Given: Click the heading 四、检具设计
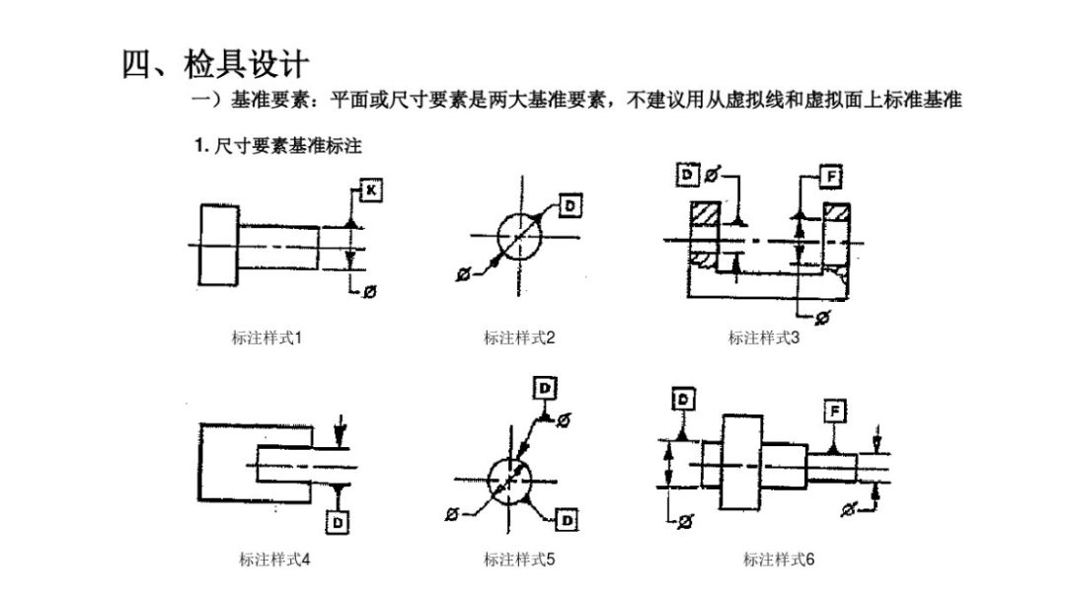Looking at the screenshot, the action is click(x=215, y=64).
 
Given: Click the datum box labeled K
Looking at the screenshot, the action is click(x=370, y=190).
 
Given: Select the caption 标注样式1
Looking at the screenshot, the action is click(x=266, y=337).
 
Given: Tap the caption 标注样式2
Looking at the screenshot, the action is click(x=519, y=337).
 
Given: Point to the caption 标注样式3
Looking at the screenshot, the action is click(x=764, y=337).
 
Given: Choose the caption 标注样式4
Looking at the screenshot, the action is click(x=274, y=560).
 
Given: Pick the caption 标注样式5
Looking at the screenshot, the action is click(x=519, y=560).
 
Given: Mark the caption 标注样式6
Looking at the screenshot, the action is click(x=779, y=560).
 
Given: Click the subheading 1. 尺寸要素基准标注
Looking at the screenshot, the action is click(x=277, y=145).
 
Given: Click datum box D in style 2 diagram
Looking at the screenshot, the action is click(x=570, y=206).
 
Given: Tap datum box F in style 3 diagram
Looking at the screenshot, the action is click(x=831, y=177).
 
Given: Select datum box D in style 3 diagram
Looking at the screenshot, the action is click(x=688, y=175).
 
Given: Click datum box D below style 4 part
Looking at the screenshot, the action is click(x=338, y=522).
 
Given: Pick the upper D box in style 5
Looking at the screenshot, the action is click(x=545, y=389).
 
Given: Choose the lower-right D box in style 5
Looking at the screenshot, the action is click(x=567, y=520).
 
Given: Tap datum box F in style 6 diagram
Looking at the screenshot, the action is click(x=835, y=412).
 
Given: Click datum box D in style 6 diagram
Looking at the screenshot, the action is click(x=683, y=399).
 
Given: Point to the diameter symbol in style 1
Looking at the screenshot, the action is click(x=370, y=291).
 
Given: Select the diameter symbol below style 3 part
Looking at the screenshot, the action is click(x=822, y=318).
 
